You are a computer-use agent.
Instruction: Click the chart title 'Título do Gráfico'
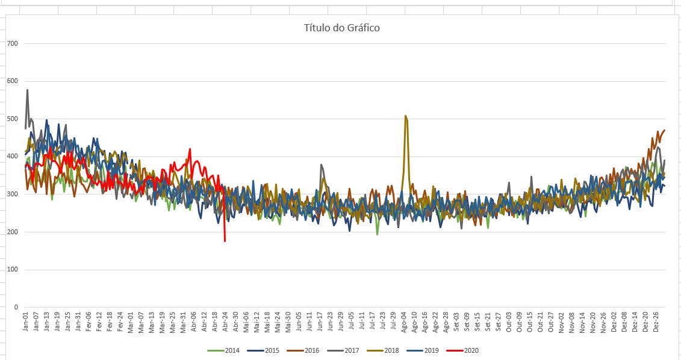[341, 28]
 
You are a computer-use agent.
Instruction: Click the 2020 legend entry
[471, 350]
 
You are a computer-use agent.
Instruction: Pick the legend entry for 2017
[352, 350]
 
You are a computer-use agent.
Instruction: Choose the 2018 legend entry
[391, 350]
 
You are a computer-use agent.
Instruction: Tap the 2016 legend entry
[312, 350]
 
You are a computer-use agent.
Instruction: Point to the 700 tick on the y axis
[13, 43]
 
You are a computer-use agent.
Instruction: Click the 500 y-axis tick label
[13, 119]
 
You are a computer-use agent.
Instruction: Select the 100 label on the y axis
[13, 269]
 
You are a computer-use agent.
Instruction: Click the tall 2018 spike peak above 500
[405, 116]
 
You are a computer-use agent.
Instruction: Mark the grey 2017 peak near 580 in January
[28, 90]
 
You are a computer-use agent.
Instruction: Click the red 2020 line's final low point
[225, 241]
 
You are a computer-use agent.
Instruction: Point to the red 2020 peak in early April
[190, 149]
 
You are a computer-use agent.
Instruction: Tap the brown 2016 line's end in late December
[664, 130]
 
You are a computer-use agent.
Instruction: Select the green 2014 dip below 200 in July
[378, 234]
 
